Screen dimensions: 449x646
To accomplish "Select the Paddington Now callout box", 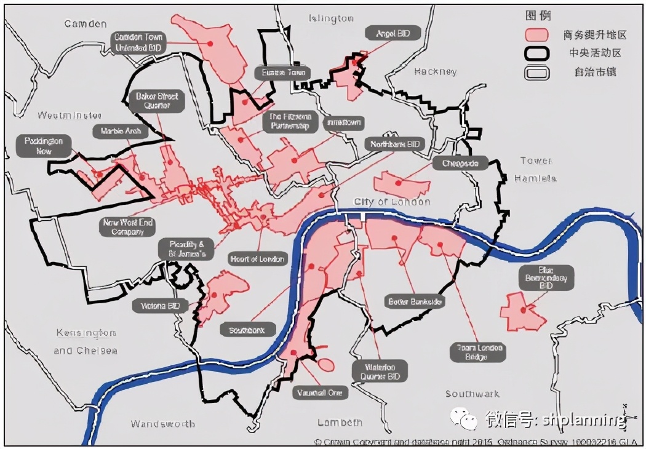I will point(44,146).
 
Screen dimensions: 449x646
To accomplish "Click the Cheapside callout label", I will point(460,163).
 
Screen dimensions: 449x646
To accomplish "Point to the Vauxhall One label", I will point(320,392).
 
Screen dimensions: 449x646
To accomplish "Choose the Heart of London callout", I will point(257,259).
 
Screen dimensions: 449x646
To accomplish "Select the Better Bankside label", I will point(415,302).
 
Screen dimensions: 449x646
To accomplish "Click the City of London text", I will point(392,202).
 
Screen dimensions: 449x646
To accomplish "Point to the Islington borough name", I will point(332,19).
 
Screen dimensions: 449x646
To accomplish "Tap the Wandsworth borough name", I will point(163,424).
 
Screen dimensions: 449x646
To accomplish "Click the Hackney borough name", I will point(436,71).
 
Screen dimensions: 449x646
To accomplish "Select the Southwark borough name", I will point(473,394).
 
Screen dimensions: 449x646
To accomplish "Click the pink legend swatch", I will point(536,34).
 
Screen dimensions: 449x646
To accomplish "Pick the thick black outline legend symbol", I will point(536,54).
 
